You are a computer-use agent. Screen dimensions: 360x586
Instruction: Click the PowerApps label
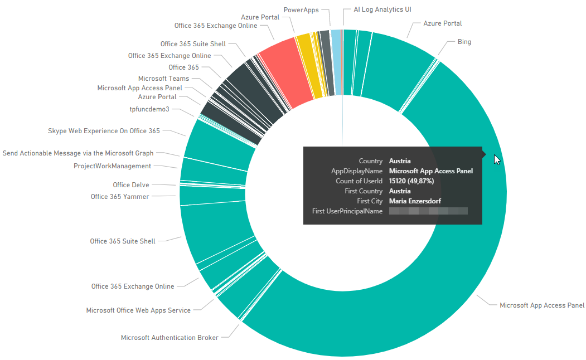tap(301, 10)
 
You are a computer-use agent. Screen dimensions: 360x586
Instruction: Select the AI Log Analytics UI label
tap(382, 9)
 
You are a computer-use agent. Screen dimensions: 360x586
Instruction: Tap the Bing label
tap(464, 42)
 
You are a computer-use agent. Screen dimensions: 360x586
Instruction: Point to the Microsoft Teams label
tap(163, 79)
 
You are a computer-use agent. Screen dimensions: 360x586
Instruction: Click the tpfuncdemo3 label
tap(149, 109)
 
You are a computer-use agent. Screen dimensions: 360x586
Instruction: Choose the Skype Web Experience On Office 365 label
tap(104, 131)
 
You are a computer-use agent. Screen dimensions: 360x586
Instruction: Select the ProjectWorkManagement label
tap(112, 166)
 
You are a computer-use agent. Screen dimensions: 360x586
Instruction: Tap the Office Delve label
tap(130, 185)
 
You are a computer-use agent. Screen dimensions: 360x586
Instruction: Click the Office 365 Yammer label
tap(119, 196)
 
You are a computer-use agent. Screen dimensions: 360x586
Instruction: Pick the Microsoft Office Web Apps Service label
tap(138, 310)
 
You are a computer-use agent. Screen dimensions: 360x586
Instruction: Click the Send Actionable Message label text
tap(78, 153)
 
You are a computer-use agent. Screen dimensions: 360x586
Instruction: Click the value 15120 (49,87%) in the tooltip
tap(412, 181)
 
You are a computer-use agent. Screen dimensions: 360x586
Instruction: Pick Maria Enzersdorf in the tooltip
tap(415, 201)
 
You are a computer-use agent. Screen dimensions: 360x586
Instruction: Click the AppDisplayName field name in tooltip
tap(357, 171)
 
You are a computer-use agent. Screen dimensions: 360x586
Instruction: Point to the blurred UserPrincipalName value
tap(428, 211)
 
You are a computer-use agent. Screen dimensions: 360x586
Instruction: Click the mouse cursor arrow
tap(497, 159)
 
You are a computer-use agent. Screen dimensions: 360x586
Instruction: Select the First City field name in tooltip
tap(370, 201)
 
